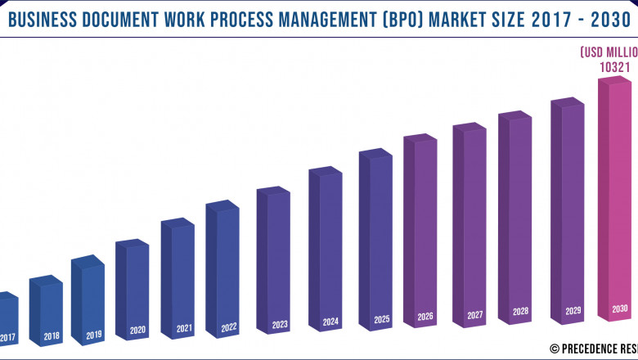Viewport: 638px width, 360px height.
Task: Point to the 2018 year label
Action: click(x=52, y=336)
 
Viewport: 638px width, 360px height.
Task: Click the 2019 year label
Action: click(x=93, y=335)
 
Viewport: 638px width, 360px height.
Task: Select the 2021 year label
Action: click(x=184, y=329)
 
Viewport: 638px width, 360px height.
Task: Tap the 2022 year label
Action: click(x=228, y=327)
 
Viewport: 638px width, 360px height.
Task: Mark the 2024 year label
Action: click(x=330, y=322)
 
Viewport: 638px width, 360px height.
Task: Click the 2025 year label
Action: click(x=380, y=319)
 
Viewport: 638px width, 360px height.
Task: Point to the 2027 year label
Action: click(x=474, y=315)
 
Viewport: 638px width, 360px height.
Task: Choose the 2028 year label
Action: click(x=520, y=312)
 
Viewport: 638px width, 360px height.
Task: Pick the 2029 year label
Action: click(x=573, y=311)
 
